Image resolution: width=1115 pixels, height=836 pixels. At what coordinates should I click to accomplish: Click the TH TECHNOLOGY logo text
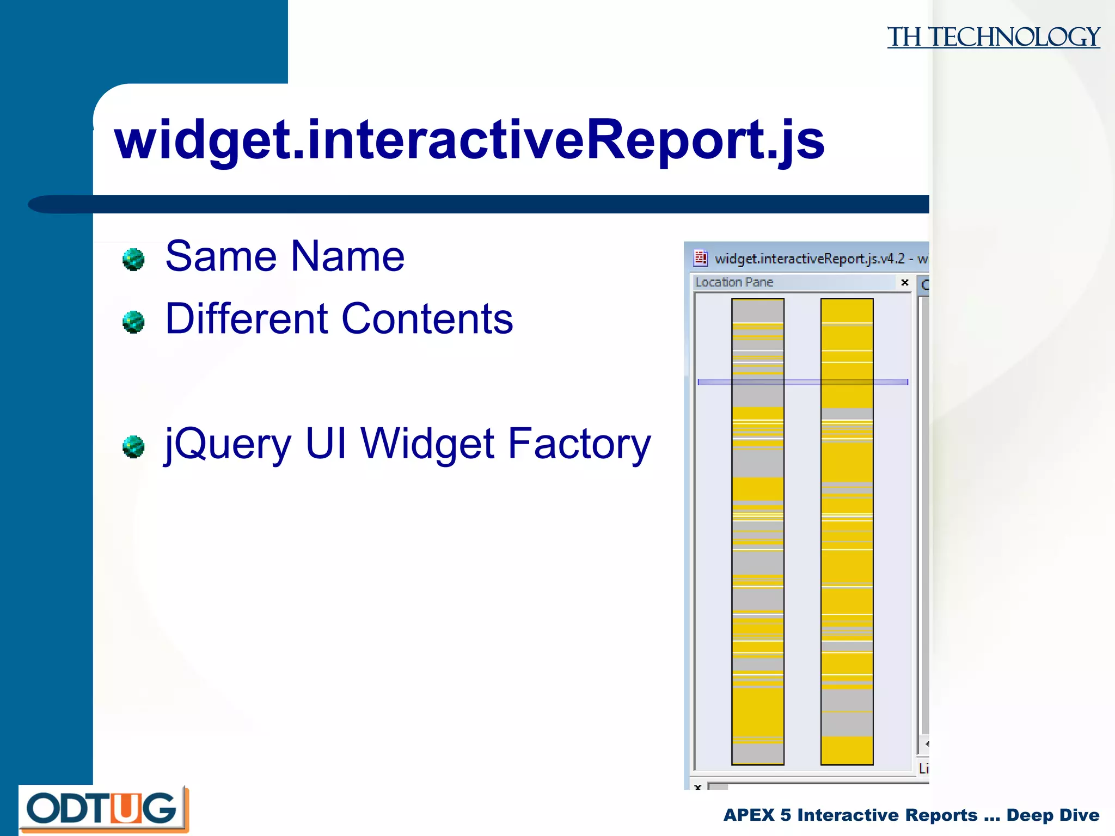click(993, 37)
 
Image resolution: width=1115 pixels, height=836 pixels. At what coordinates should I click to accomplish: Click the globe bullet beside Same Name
click(133, 260)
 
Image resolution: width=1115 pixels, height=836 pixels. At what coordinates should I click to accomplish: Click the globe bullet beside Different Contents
click(133, 322)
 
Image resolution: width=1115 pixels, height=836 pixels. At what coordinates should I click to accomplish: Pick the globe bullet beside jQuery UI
click(133, 447)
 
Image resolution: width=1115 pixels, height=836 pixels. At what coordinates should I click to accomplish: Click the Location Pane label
click(734, 282)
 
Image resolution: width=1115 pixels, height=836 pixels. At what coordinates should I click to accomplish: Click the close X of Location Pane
click(904, 282)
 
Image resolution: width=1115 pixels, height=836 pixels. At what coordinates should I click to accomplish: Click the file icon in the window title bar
click(701, 258)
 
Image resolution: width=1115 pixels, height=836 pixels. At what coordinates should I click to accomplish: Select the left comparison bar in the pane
click(757, 531)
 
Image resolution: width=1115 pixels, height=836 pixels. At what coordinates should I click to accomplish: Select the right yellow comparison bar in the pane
click(847, 531)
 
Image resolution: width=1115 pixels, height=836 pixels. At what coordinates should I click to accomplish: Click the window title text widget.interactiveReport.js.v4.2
click(809, 259)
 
